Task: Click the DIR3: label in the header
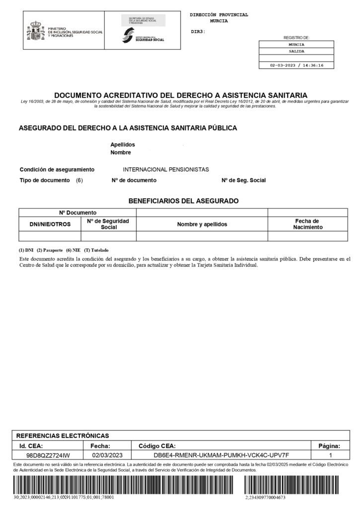(x=198, y=32)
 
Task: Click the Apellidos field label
(x=123, y=144)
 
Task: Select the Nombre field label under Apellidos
(x=120, y=152)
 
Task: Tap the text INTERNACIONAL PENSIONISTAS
(x=166, y=169)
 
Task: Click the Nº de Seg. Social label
(x=243, y=180)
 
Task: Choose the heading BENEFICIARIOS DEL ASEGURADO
(x=184, y=201)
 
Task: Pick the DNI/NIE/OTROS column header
(x=50, y=224)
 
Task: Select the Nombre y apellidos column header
(x=202, y=224)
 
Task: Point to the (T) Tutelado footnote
(x=97, y=250)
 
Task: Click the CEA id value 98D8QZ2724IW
(x=48, y=455)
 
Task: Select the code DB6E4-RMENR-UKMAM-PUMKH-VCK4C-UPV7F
(x=221, y=455)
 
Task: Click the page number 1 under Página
(x=331, y=455)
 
